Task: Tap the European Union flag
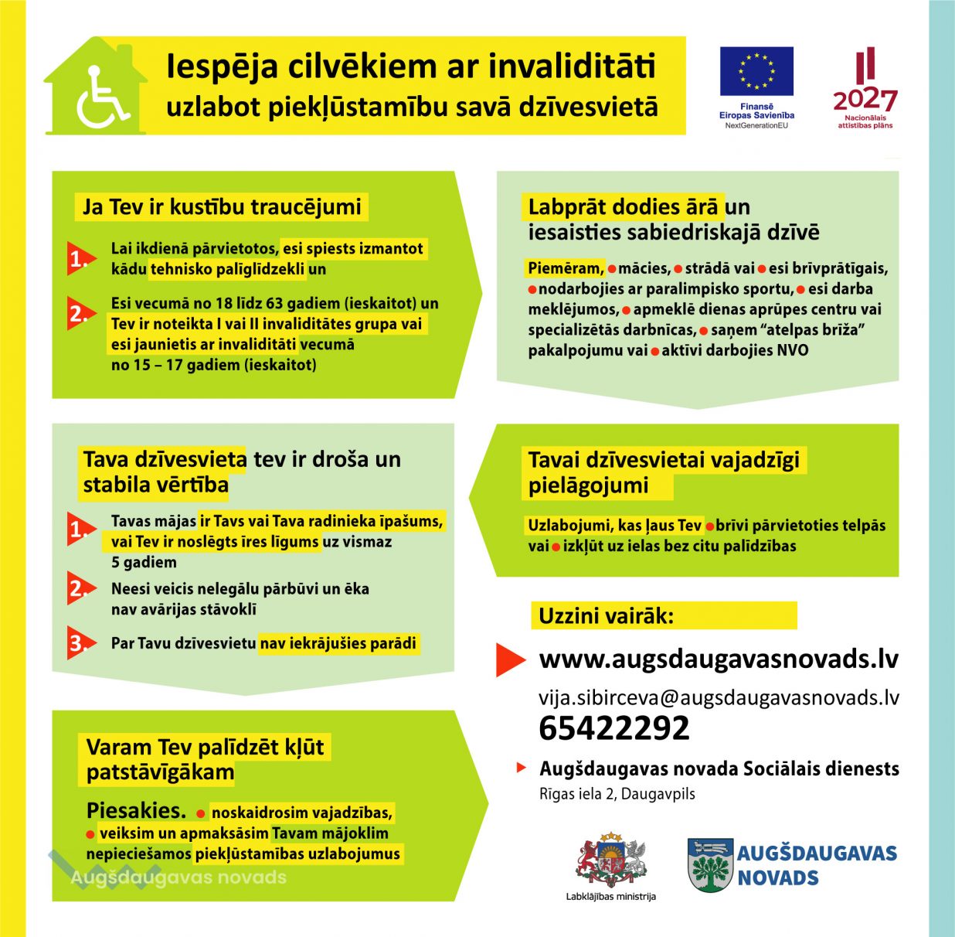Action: point(756,71)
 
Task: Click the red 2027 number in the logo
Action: point(865,100)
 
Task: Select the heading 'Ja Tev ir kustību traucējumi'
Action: point(222,207)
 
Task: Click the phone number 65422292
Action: point(613,728)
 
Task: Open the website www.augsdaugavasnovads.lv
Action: point(719,659)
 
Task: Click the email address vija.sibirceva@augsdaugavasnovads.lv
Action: point(719,697)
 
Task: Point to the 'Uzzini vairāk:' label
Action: point(606,616)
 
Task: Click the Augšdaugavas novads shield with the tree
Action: point(710,865)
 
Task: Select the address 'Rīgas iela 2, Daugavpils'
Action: point(617,794)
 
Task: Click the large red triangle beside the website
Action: point(510,659)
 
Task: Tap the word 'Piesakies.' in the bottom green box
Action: point(136,811)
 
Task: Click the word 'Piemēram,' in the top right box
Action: point(565,268)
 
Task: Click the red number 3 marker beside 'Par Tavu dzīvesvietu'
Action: point(80,642)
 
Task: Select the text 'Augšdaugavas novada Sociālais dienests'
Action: point(719,769)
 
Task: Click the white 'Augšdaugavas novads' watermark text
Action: point(178,877)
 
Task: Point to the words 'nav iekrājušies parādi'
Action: point(338,643)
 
